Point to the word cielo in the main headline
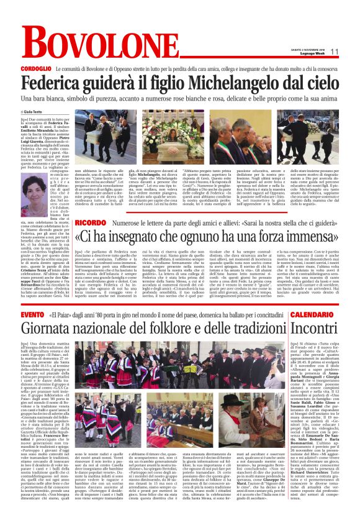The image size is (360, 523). (x=316, y=82)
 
